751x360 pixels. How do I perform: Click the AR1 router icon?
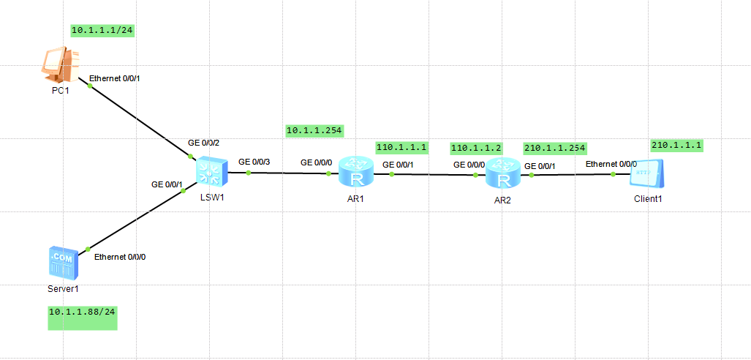pyautogui.click(x=356, y=173)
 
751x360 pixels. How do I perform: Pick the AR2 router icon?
pyautogui.click(x=502, y=175)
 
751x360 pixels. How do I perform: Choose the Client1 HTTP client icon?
pyautogui.click(x=647, y=175)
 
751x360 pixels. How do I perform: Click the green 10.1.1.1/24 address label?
pyautogui.click(x=101, y=31)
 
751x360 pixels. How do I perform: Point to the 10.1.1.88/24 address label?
pyautogui.click(x=83, y=312)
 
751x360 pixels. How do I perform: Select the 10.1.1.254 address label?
pyautogui.click(x=314, y=130)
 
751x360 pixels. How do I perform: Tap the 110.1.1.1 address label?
pyautogui.click(x=401, y=147)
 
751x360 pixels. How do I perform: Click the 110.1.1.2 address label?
pyautogui.click(x=476, y=148)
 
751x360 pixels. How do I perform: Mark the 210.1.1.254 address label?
pyautogui.click(x=555, y=148)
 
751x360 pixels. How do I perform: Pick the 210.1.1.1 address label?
pyautogui.click(x=676, y=146)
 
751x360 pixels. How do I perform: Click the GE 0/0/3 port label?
pyautogui.click(x=254, y=160)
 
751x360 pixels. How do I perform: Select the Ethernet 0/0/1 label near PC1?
pyautogui.click(x=114, y=78)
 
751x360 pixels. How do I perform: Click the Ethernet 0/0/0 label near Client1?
pyautogui.click(x=611, y=164)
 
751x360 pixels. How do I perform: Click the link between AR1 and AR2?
pyautogui.click(x=434, y=175)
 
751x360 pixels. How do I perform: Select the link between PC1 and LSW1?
pyautogui.click(x=139, y=121)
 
